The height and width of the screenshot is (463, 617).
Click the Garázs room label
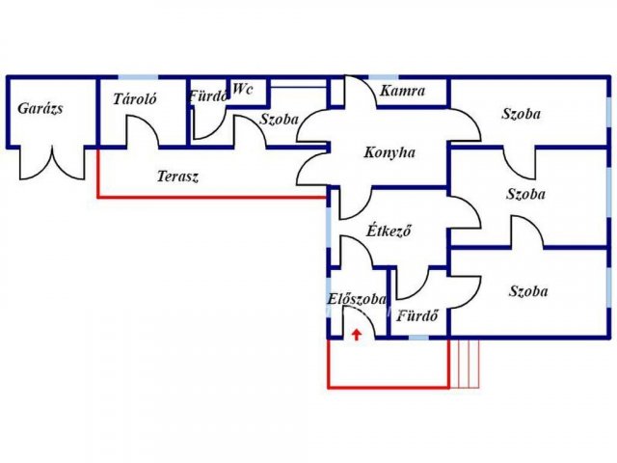pos(40,108)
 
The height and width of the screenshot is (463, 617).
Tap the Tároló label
pos(135,99)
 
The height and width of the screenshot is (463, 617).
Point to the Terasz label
pos(178,177)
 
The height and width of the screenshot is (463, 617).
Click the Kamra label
pos(402,92)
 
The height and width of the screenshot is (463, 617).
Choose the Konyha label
pos(389,152)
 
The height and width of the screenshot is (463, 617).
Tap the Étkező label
pos(390,231)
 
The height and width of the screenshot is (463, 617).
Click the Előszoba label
pos(357,299)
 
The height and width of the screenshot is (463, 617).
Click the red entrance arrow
pos(357,334)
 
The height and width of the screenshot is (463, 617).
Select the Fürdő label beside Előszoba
pos(418,314)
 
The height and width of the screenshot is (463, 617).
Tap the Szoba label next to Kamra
pos(522,114)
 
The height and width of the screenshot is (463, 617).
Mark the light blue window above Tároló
pos(134,76)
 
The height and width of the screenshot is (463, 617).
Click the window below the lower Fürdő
pos(418,338)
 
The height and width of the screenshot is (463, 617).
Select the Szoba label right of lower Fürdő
pos(528,291)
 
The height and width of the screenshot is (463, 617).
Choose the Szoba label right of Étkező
pos(525,194)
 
